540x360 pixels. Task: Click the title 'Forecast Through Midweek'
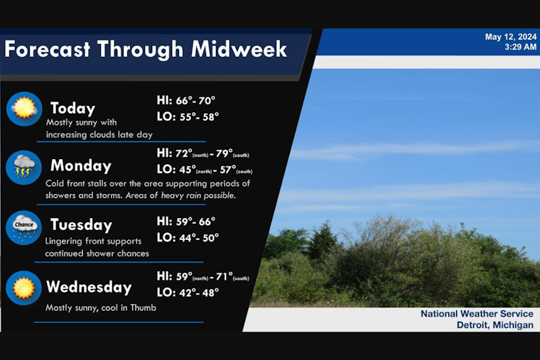146,49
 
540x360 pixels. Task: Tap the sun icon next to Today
23,109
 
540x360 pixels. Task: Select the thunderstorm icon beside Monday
23,168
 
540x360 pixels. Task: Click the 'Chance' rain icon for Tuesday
23,227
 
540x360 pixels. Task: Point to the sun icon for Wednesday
23,288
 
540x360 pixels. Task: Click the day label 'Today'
72,109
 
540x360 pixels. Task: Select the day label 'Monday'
80,166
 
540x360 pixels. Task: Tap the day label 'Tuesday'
81,225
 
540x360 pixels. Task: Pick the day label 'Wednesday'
89,288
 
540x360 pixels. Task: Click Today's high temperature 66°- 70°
185,100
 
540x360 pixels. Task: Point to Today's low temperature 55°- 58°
188,116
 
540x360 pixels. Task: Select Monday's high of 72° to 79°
202,153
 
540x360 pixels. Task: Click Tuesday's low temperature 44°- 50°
188,238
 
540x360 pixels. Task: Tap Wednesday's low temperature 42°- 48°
188,292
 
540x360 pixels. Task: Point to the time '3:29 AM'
520,47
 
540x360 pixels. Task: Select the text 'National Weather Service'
477,314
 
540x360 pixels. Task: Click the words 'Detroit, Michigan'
495,325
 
